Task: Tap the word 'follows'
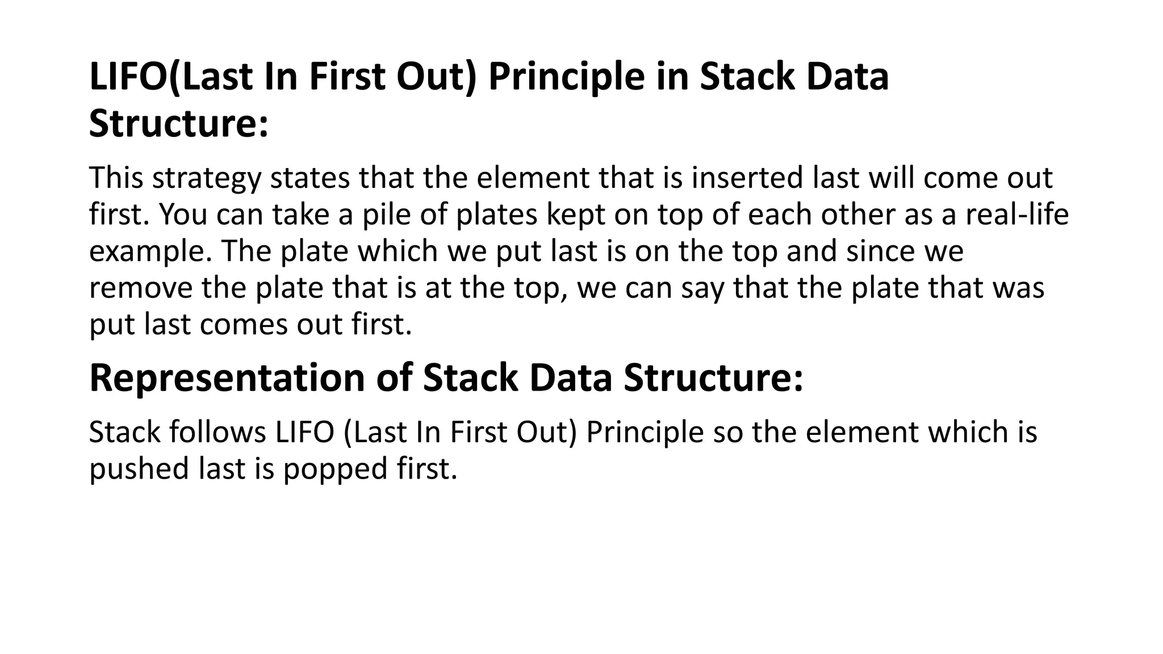(x=217, y=432)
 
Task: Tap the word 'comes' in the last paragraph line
(x=244, y=325)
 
